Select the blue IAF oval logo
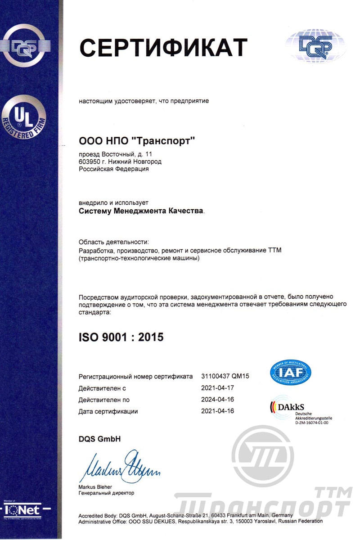tap(290, 371)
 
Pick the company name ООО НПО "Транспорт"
tap(137, 141)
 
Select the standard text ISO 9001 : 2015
tap(121, 336)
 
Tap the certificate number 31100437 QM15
tap(225, 376)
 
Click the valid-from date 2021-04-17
tap(218, 387)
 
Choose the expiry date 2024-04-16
tap(218, 399)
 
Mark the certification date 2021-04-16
tap(218, 411)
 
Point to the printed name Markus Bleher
tap(95, 487)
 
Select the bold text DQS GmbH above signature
tap(100, 439)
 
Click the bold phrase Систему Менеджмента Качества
tap(140, 210)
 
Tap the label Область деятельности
tap(113, 243)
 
